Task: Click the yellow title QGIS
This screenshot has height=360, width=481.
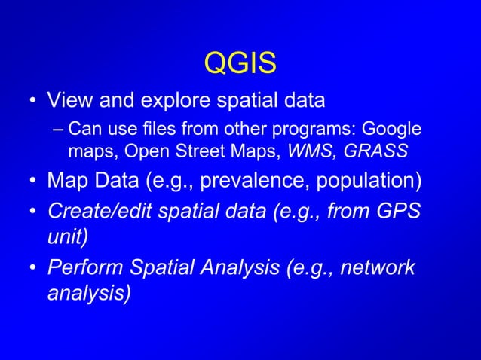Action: [x=240, y=63]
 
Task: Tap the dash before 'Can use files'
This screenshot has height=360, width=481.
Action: [x=59, y=130]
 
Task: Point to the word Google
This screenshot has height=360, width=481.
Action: [x=393, y=130]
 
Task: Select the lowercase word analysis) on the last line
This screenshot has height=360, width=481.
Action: [x=87, y=292]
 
